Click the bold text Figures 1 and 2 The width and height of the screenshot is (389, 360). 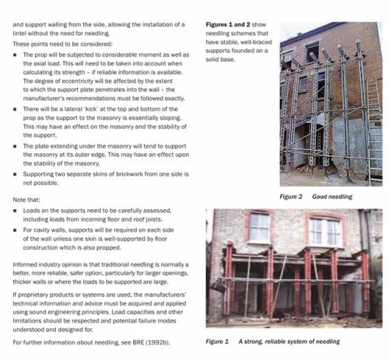(x=231, y=26)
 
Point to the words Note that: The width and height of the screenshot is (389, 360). (x=29, y=200)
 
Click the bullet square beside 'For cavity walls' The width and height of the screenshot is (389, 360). (x=17, y=231)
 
